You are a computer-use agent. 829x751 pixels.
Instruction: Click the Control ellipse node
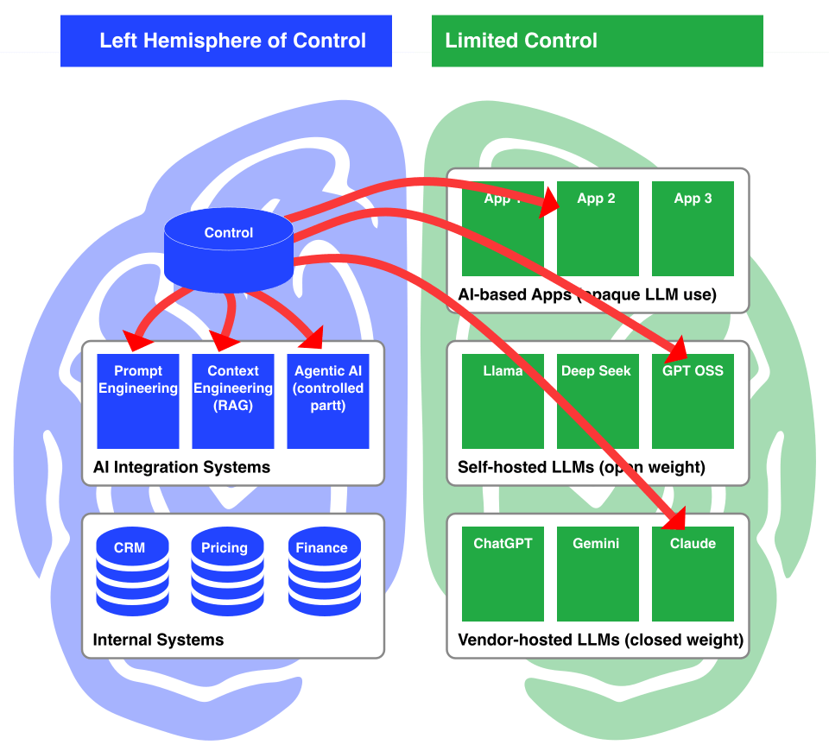tap(229, 232)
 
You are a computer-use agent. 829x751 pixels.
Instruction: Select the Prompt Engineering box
tap(138, 401)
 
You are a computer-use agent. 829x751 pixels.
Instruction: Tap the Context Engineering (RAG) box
tap(233, 401)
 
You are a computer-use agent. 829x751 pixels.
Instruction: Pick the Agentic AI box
tap(328, 401)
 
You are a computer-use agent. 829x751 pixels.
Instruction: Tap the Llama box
tap(503, 401)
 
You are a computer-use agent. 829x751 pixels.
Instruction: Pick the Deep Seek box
tap(598, 401)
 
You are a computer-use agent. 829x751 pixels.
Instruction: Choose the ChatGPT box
tap(503, 573)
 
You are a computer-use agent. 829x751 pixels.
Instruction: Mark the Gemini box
tap(598, 573)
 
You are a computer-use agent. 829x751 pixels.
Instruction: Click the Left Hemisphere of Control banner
tap(226, 41)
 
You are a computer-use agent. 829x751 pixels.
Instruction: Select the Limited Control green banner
tap(598, 41)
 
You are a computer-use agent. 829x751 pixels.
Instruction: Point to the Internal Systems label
tap(158, 640)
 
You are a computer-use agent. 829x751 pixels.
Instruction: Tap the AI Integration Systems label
tap(181, 467)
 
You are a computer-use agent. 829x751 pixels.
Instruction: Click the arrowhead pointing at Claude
tap(674, 517)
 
